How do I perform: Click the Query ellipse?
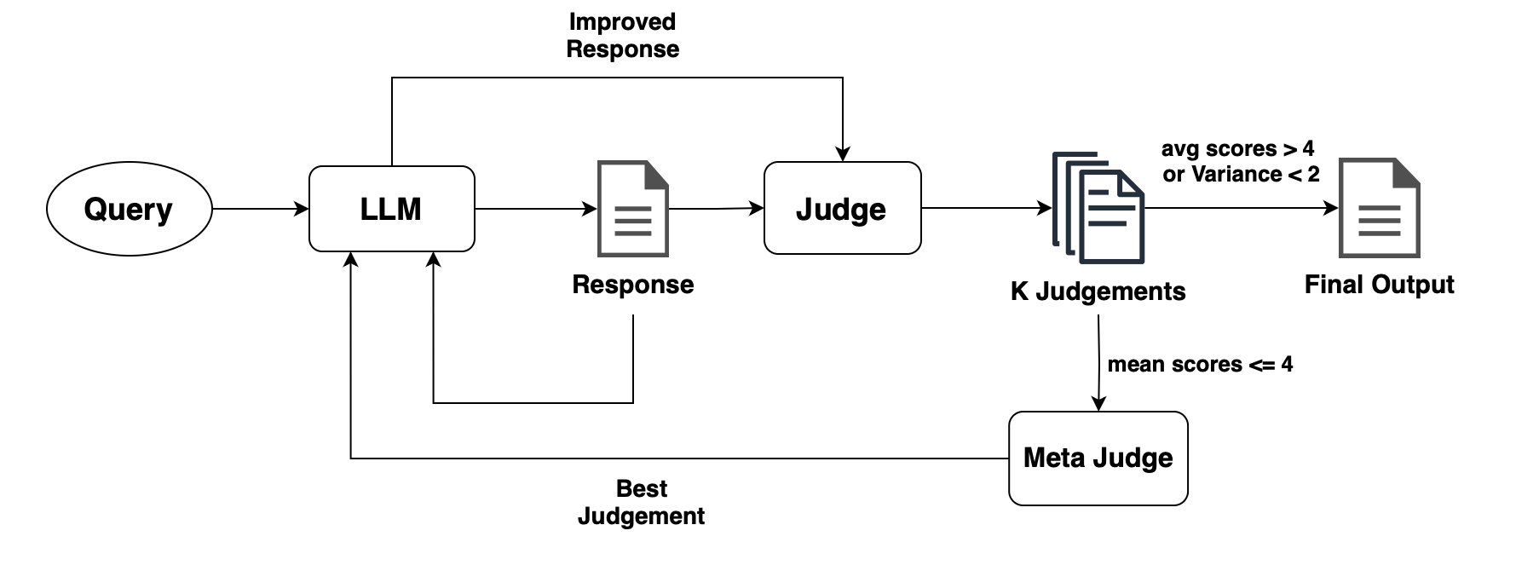click(x=129, y=209)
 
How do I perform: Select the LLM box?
click(x=391, y=209)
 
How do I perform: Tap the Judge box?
click(x=842, y=209)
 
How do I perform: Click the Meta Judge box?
click(x=1098, y=459)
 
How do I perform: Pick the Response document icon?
click(x=633, y=209)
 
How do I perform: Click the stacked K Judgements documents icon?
click(x=1098, y=209)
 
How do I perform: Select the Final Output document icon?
click(x=1380, y=209)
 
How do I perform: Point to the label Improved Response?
click(x=622, y=36)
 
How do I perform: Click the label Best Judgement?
click(x=641, y=502)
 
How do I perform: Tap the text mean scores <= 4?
click(x=1199, y=365)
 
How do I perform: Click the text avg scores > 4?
click(x=1237, y=149)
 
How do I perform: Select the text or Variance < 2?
click(x=1241, y=175)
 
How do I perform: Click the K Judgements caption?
click(x=1098, y=291)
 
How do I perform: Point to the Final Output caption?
click(x=1379, y=285)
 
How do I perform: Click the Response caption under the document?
click(x=633, y=285)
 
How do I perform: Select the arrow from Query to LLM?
click(x=260, y=209)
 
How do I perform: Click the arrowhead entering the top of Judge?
click(x=842, y=153)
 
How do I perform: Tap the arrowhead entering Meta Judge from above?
click(x=1098, y=404)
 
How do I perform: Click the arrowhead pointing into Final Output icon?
click(x=1330, y=208)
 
